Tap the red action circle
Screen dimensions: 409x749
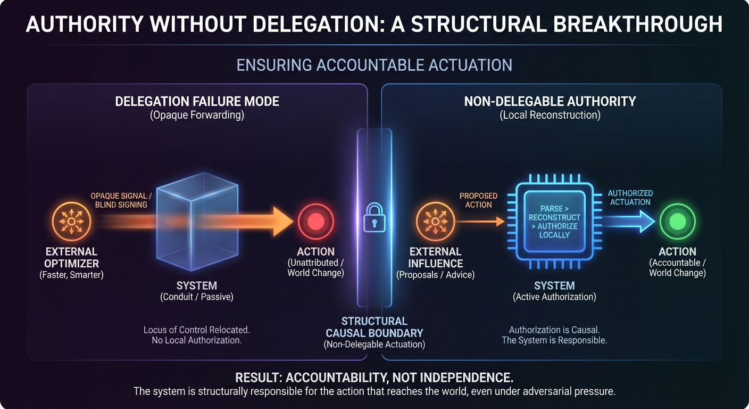pos(316,220)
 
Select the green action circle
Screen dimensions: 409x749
pos(677,220)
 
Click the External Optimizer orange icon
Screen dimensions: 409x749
pos(71,220)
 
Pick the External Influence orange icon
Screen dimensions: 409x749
pos(435,220)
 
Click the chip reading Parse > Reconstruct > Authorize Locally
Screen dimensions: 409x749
pos(554,222)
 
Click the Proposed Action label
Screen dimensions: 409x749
pos(478,200)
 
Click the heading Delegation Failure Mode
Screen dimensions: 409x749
pos(197,101)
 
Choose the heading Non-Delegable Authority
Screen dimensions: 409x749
pos(550,101)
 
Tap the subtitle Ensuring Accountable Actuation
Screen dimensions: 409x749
pos(374,65)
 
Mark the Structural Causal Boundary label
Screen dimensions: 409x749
pos(374,327)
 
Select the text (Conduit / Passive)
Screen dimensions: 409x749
pos(196,297)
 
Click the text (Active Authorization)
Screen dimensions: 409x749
pos(554,297)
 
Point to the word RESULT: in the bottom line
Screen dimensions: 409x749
pos(259,378)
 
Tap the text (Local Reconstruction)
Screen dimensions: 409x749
pos(550,115)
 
